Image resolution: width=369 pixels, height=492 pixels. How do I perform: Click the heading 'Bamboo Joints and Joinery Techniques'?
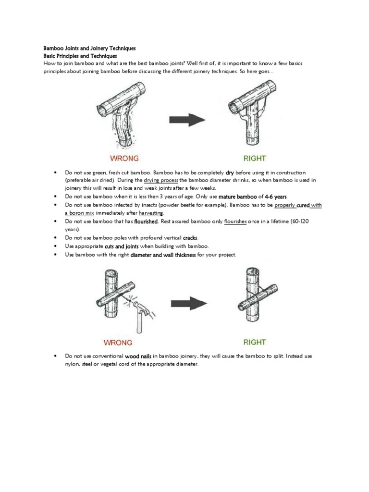click(89, 49)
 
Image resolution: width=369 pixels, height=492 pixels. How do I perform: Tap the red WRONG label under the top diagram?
click(124, 158)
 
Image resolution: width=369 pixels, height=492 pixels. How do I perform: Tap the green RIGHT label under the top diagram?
click(254, 158)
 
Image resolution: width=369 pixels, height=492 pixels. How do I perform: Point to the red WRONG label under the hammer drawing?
click(118, 343)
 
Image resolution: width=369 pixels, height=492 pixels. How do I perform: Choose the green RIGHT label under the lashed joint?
click(254, 342)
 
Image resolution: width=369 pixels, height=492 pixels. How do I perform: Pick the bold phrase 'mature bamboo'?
click(237, 197)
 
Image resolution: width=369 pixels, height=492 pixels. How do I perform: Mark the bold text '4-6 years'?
click(276, 197)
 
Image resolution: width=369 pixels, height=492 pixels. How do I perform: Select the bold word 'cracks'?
click(190, 238)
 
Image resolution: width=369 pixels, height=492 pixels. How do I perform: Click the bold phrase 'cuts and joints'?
click(121, 246)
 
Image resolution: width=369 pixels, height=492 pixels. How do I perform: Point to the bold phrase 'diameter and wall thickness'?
click(163, 254)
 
